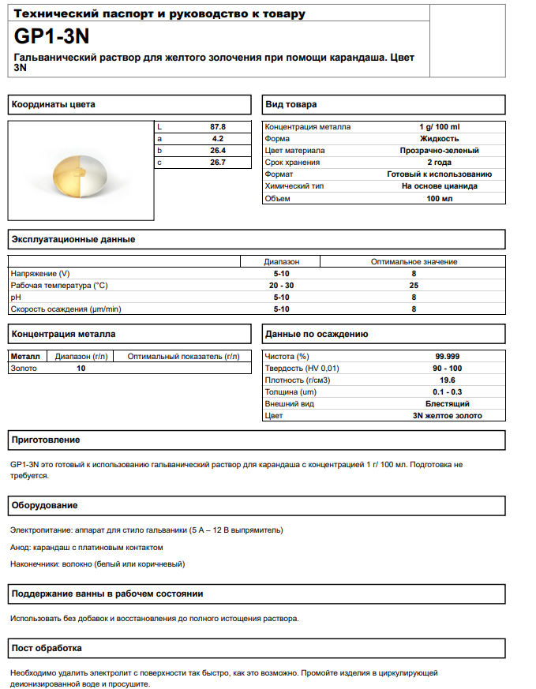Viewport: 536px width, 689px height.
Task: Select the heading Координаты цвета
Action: (54, 105)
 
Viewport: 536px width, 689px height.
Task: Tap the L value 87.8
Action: (218, 126)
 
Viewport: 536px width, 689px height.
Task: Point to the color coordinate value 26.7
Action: (218, 163)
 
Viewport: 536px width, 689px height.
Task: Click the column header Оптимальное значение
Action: (414, 261)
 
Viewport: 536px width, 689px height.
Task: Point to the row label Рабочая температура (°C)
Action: (59, 285)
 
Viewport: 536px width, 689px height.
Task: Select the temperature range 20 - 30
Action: (281, 285)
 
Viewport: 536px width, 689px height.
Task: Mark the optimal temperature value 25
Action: (414, 285)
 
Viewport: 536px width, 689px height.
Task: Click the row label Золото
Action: (24, 368)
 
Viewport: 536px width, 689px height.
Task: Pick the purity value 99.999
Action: (447, 356)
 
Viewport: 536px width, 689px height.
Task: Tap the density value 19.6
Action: (447, 380)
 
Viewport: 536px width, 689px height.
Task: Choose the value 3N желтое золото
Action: (447, 415)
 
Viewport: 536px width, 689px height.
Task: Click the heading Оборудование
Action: (44, 505)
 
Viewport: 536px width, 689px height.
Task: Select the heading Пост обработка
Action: (47, 649)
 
